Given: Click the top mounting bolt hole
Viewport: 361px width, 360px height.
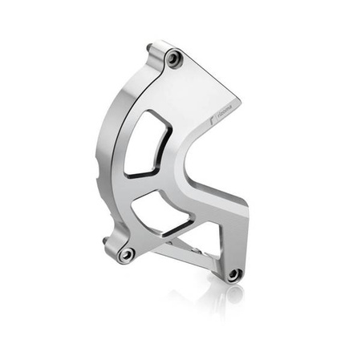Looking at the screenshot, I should (174, 59).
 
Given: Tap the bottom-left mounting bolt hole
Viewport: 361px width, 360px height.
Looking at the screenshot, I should (126, 253).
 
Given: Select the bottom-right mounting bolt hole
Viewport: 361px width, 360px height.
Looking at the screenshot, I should (233, 273).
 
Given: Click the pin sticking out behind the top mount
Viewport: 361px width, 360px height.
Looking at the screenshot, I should (151, 50).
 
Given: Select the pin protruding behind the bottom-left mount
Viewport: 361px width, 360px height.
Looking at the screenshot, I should (107, 239).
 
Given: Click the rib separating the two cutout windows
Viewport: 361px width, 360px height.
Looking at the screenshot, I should (152, 183).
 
